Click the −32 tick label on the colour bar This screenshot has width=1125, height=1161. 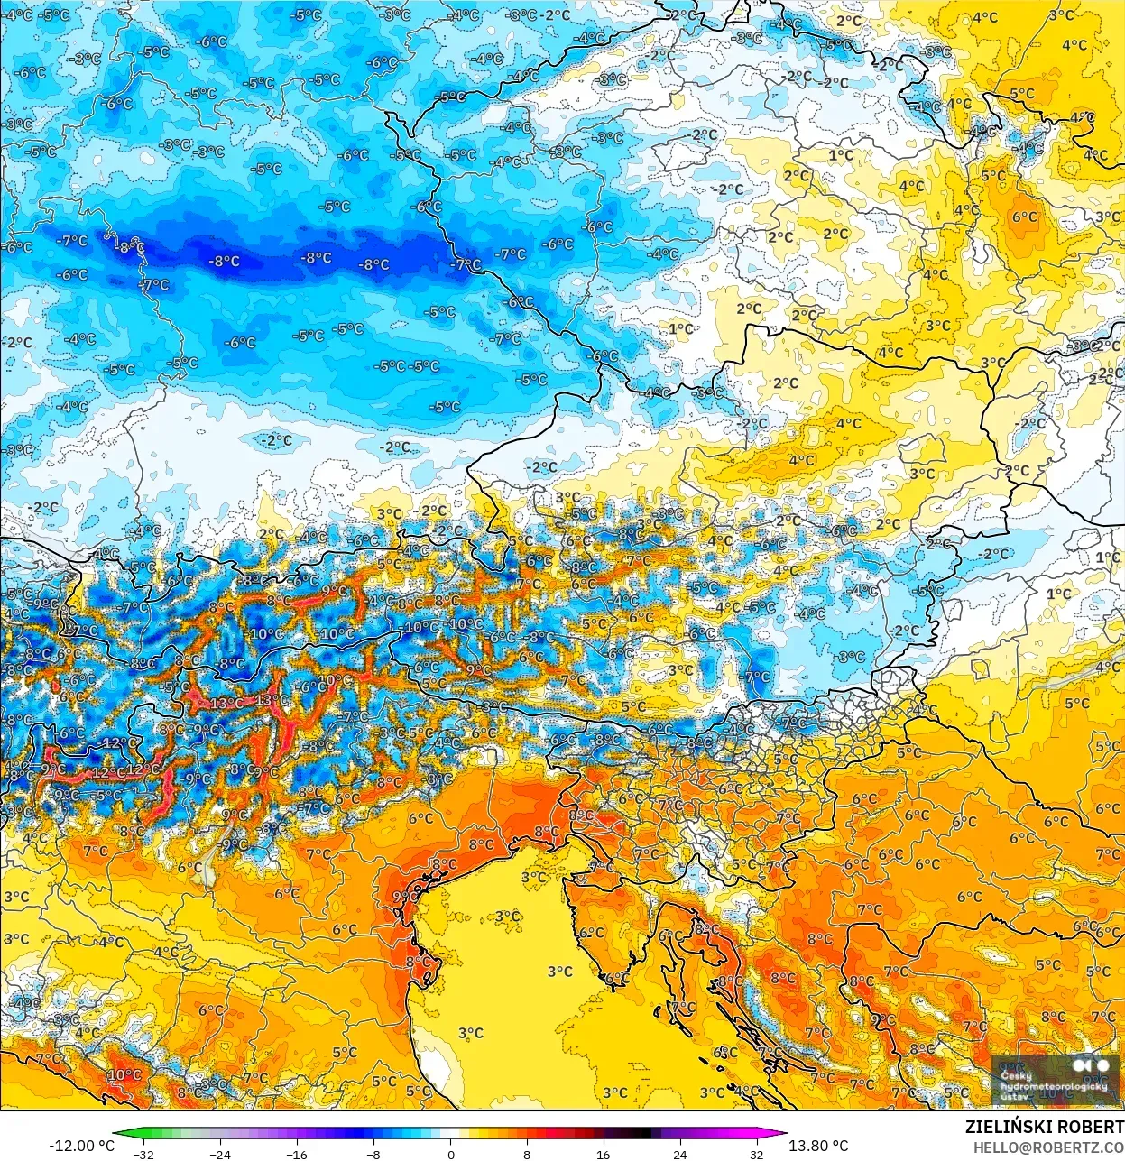(x=143, y=1154)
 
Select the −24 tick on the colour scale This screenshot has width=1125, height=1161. (x=220, y=1154)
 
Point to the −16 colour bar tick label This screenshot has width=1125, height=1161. (x=297, y=1154)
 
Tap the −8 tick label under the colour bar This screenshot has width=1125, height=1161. (x=373, y=1154)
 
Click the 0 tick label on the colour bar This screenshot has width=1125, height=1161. (x=450, y=1154)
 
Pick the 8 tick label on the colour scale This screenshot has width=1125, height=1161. (x=527, y=1154)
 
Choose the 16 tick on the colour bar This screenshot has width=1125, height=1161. (x=603, y=1154)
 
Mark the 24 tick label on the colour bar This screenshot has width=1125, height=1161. (x=679, y=1154)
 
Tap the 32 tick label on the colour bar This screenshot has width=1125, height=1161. (x=756, y=1154)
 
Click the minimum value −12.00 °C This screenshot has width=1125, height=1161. (x=81, y=1146)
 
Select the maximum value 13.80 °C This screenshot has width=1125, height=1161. (x=818, y=1146)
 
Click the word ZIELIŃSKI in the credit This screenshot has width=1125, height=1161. (x=1010, y=1127)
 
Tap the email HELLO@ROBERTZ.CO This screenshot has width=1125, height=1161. (x=1048, y=1147)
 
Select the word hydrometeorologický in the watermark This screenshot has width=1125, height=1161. (x=1054, y=1087)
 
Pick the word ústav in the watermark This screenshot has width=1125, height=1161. (x=1014, y=1097)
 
